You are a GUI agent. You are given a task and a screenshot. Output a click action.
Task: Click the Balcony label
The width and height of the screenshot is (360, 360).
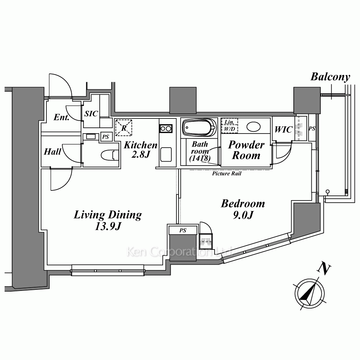[x=330, y=77]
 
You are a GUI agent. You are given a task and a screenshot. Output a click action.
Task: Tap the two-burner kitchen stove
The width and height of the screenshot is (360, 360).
[x=166, y=128]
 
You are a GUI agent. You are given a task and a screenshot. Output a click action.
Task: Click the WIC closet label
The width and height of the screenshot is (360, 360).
[x=283, y=130]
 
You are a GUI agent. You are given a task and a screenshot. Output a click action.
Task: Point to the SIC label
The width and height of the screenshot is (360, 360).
[x=91, y=114]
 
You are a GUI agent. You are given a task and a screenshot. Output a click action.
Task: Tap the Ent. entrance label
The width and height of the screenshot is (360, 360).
[x=61, y=117]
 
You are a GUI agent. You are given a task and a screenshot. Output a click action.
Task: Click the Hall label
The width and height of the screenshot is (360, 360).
[x=53, y=152]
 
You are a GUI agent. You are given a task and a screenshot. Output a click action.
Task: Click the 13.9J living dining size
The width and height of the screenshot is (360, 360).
[x=108, y=227]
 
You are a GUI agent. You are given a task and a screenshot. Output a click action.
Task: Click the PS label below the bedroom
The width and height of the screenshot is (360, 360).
[x=183, y=230]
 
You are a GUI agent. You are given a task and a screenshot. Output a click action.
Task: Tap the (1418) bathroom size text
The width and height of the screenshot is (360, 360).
[x=199, y=158]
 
